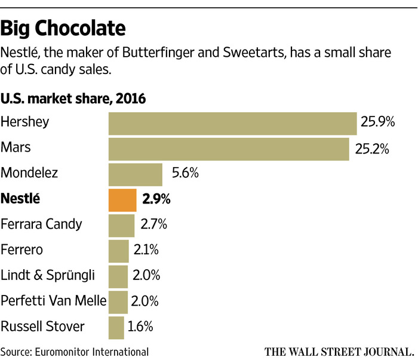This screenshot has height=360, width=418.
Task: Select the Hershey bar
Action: point(232,123)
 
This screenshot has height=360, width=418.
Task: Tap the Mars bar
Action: point(229,149)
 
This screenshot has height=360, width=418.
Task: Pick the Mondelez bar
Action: point(135,174)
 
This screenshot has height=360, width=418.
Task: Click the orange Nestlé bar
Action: point(122,200)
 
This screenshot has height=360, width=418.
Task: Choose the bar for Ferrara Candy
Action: point(121,225)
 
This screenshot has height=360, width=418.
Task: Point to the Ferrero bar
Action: point(118,251)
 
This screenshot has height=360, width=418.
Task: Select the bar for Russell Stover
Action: point(116,327)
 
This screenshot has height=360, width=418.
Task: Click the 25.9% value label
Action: point(378,123)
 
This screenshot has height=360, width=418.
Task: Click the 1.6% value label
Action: point(141,327)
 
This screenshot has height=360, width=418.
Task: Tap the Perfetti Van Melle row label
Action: point(53,301)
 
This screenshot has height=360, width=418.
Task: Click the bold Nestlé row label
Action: point(21,199)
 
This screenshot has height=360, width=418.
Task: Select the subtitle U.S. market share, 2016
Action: point(73,99)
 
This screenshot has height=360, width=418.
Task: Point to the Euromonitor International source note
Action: point(75,350)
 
